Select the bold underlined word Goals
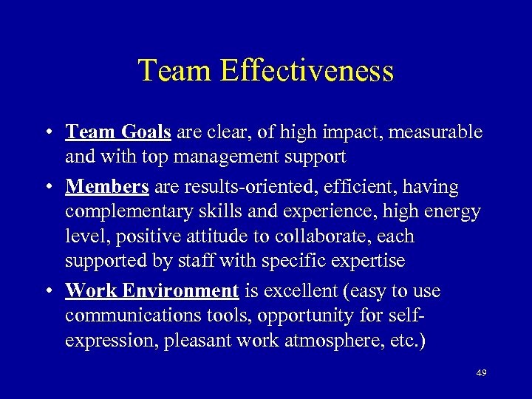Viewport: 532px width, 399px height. [145, 132]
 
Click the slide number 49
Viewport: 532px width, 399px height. [481, 373]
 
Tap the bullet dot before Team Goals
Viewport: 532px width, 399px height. [47, 134]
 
